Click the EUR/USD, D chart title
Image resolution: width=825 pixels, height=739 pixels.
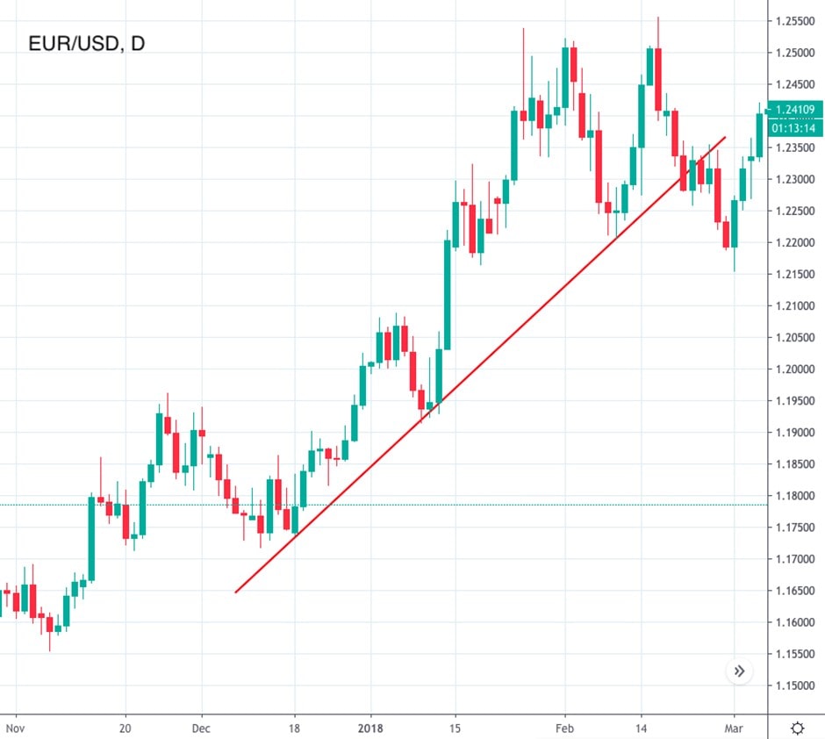pyautogui.click(x=86, y=43)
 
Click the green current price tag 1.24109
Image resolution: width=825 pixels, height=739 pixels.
pyautogui.click(x=795, y=110)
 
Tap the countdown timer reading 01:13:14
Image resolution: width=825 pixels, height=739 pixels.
pyautogui.click(x=793, y=128)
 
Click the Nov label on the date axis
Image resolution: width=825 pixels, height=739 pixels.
pyautogui.click(x=14, y=728)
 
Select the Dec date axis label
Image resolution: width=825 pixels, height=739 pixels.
pyautogui.click(x=201, y=728)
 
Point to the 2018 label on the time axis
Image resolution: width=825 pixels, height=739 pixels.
pyautogui.click(x=370, y=728)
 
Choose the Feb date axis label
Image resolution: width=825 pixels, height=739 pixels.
pyautogui.click(x=564, y=728)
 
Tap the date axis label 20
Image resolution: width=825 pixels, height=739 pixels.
pyautogui.click(x=125, y=728)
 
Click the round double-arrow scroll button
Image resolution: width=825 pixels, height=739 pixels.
pyautogui.click(x=740, y=671)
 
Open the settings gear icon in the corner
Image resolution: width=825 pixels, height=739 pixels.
pyautogui.click(x=798, y=728)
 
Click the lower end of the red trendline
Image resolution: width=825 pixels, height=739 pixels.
pyautogui.click(x=236, y=592)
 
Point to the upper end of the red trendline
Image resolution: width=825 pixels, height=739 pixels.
pyautogui.click(x=726, y=137)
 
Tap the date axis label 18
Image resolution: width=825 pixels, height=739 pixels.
pyautogui.click(x=295, y=728)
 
